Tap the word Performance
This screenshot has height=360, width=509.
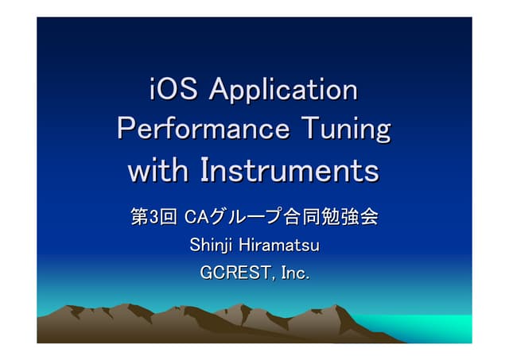[x=203, y=129]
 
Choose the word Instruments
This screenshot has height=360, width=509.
[x=289, y=169]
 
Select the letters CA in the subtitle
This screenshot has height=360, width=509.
[x=196, y=216]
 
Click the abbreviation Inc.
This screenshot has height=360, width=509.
[x=295, y=273]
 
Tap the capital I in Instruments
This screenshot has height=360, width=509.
[x=204, y=169]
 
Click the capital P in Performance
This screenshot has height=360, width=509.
[x=126, y=129]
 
